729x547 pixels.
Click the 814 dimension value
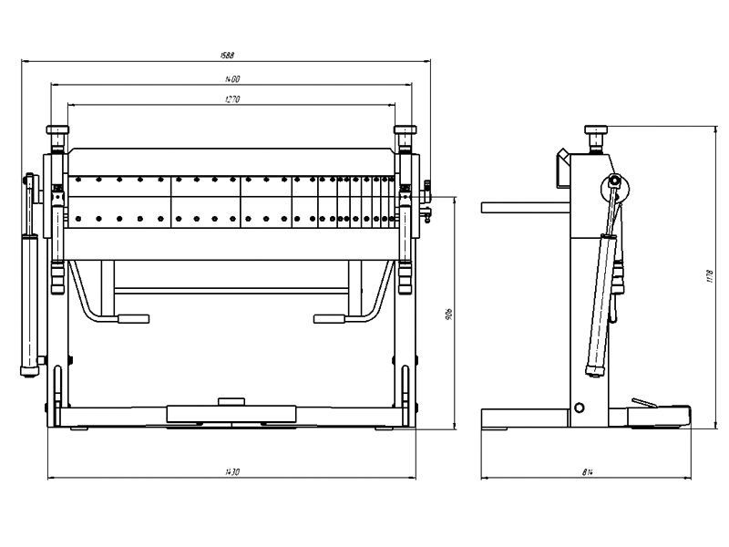pos(587,471)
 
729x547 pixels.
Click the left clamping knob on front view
pos(58,131)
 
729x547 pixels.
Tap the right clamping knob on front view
pos(405,131)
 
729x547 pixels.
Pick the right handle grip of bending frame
pos(331,318)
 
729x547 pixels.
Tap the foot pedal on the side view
pos(645,402)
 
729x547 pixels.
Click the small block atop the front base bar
pos(231,400)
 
